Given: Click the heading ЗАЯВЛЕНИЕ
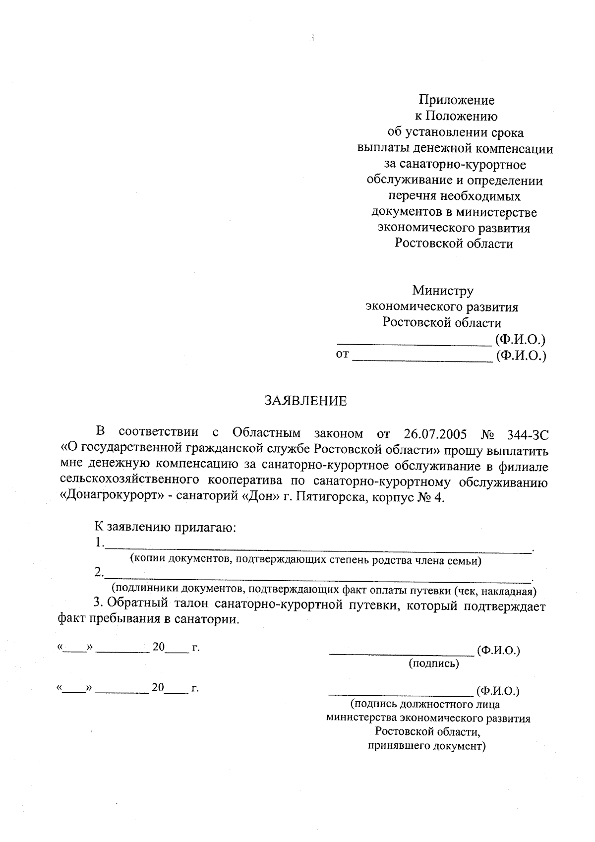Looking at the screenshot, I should (305, 401).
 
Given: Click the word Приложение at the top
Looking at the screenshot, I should (457, 100).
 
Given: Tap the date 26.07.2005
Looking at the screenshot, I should (435, 434).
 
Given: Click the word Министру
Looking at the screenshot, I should (443, 291).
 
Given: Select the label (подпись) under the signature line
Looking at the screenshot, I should (434, 663).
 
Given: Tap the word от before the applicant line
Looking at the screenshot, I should (343, 355).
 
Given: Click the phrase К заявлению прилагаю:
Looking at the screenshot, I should (165, 527).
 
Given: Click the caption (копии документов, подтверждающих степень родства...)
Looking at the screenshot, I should (305, 561).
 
